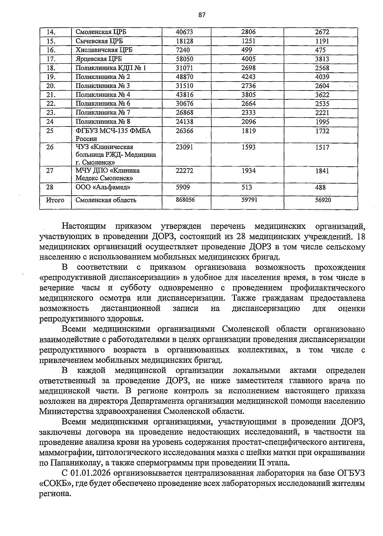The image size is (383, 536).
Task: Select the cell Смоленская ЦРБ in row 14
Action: [x=99, y=32]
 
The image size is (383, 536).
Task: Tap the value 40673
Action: [x=184, y=32]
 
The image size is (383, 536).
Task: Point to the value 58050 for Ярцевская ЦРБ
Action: [x=184, y=59]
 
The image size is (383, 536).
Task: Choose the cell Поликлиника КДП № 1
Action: [x=110, y=68]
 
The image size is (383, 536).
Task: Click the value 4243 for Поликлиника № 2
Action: [x=248, y=77]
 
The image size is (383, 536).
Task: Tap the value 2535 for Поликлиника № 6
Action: [x=322, y=104]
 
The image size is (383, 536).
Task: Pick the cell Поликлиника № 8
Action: [x=103, y=121]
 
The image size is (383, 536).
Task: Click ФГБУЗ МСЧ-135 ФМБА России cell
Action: [x=113, y=134]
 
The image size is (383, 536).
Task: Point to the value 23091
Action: [x=184, y=147]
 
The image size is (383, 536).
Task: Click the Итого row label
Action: [x=55, y=200]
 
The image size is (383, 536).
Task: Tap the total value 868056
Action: [x=185, y=199]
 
